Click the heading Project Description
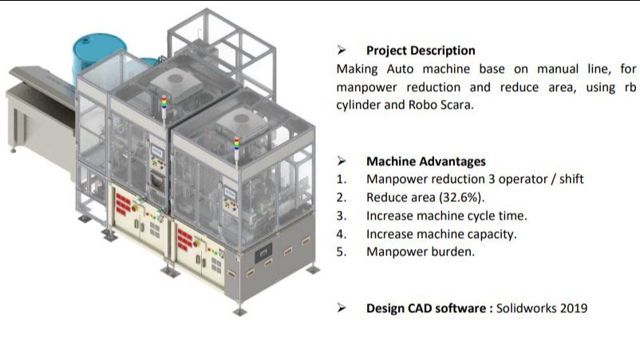(x=421, y=50)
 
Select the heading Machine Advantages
(x=425, y=161)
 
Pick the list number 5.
(x=341, y=251)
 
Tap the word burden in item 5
(x=457, y=251)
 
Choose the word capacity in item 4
(x=490, y=234)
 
